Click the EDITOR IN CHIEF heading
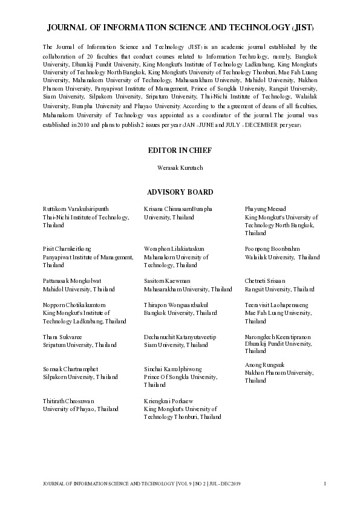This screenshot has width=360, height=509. (180, 150)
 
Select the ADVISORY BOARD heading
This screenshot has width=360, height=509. (180, 192)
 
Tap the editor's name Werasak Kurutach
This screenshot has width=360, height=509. (180, 167)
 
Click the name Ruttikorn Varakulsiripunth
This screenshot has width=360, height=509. (76, 209)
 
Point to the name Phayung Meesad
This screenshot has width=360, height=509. (264, 209)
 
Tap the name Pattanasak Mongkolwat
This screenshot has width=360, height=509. (72, 281)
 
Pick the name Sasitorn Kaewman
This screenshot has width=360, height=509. (167, 281)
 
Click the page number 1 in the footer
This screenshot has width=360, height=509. (326, 483)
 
